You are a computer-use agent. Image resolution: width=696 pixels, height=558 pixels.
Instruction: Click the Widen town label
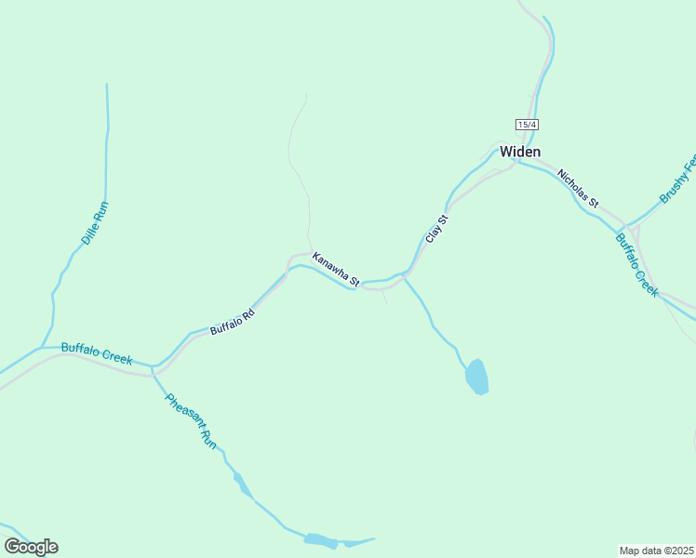(x=520, y=152)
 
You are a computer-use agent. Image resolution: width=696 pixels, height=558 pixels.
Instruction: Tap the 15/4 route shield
(x=527, y=125)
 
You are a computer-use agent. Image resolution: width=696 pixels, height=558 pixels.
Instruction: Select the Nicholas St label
(x=578, y=189)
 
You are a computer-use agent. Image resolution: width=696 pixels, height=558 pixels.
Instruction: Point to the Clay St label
(x=437, y=229)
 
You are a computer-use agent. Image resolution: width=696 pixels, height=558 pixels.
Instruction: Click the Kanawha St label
(x=336, y=269)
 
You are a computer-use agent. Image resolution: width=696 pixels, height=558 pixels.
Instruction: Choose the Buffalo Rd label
(x=232, y=323)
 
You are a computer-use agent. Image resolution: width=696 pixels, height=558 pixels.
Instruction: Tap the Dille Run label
(x=95, y=223)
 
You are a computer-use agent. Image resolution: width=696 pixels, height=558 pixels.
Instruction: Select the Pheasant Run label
(x=191, y=421)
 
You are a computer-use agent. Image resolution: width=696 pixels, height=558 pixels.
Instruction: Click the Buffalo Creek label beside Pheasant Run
(x=97, y=353)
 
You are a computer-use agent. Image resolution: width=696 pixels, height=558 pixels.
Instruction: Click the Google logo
(x=31, y=547)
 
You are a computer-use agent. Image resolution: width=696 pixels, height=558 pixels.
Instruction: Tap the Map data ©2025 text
(x=657, y=550)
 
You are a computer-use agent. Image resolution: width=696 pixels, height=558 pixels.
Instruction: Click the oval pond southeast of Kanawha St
(x=476, y=377)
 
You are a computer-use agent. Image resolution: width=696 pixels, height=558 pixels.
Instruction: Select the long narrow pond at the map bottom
(x=321, y=539)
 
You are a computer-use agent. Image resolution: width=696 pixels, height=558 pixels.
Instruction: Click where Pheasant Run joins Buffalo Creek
(x=153, y=367)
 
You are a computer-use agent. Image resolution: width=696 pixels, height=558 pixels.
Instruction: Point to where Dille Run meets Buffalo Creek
(x=42, y=348)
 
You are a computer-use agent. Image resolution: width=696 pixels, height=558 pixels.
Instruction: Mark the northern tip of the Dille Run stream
(x=107, y=86)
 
